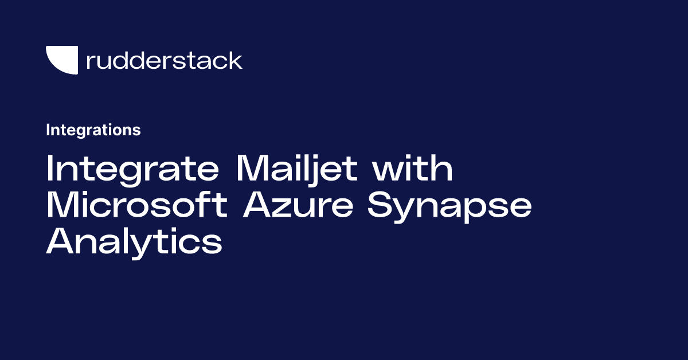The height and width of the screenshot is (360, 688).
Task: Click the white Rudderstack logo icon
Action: pos(61,60)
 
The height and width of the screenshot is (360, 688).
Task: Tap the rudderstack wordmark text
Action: pos(164,60)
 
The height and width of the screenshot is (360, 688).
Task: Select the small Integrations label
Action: pos(93,130)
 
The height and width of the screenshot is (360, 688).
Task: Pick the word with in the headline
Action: pos(413,170)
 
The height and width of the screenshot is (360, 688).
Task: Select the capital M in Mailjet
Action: pos(253,170)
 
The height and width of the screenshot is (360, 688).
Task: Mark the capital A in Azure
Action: pos(257,206)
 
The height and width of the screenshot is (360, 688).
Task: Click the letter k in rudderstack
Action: pos(235,60)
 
